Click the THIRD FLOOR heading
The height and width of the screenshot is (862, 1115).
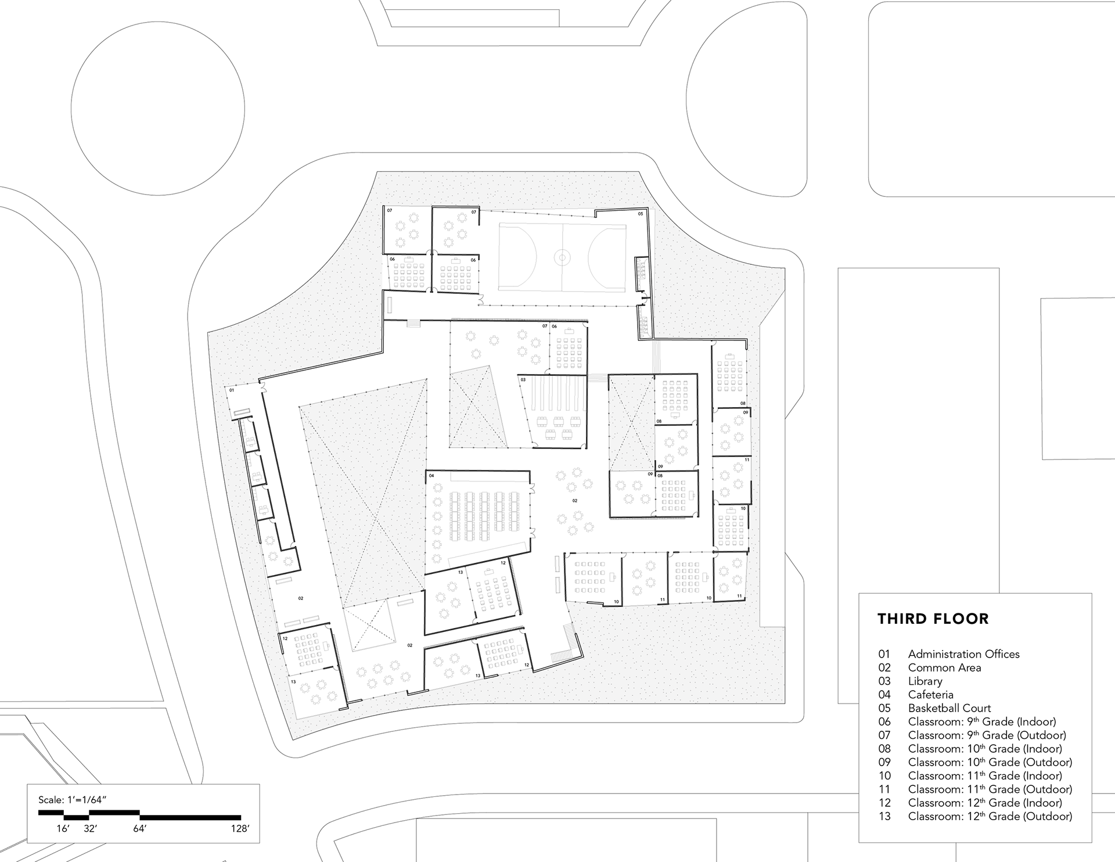[x=933, y=619]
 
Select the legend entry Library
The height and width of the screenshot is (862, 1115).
[x=925, y=681]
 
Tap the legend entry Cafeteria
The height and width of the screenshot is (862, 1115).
[x=931, y=694]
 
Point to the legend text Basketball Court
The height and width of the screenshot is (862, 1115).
[x=949, y=708]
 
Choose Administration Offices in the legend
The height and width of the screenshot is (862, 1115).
[x=964, y=654]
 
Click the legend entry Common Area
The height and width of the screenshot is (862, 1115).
[x=945, y=668]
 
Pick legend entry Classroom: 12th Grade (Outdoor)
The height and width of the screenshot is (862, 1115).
[x=990, y=816]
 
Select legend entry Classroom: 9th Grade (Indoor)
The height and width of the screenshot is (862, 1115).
[x=982, y=722]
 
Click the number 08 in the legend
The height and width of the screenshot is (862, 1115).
[x=884, y=749]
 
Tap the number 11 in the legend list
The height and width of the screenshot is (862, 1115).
[x=884, y=789]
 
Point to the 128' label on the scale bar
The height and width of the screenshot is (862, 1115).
[x=240, y=829]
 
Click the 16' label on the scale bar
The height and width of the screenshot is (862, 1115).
[x=63, y=829]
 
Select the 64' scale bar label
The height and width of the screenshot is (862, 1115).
[x=139, y=829]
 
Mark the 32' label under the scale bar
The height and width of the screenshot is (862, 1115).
[x=90, y=829]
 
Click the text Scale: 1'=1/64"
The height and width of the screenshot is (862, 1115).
[x=73, y=800]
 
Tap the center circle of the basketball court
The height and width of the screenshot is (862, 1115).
[x=562, y=256]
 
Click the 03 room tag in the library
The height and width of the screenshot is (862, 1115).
[x=523, y=380]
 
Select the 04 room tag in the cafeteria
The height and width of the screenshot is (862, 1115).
[x=431, y=476]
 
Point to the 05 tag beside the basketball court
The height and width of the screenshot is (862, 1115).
[x=641, y=214]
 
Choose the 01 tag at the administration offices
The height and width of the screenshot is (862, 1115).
[x=231, y=390]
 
